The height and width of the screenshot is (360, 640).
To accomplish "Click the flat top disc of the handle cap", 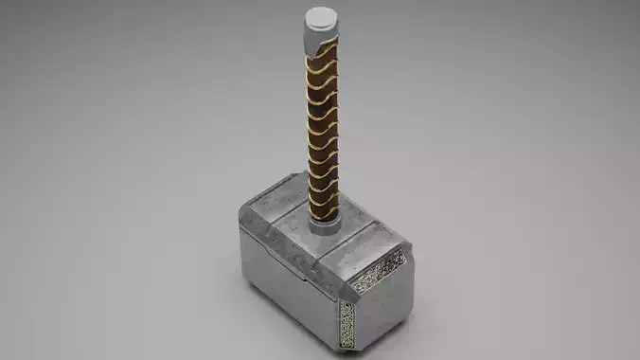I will point(321,16).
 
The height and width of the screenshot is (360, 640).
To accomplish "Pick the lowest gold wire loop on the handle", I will point(322,210).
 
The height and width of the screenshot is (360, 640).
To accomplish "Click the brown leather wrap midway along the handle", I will point(322,133).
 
